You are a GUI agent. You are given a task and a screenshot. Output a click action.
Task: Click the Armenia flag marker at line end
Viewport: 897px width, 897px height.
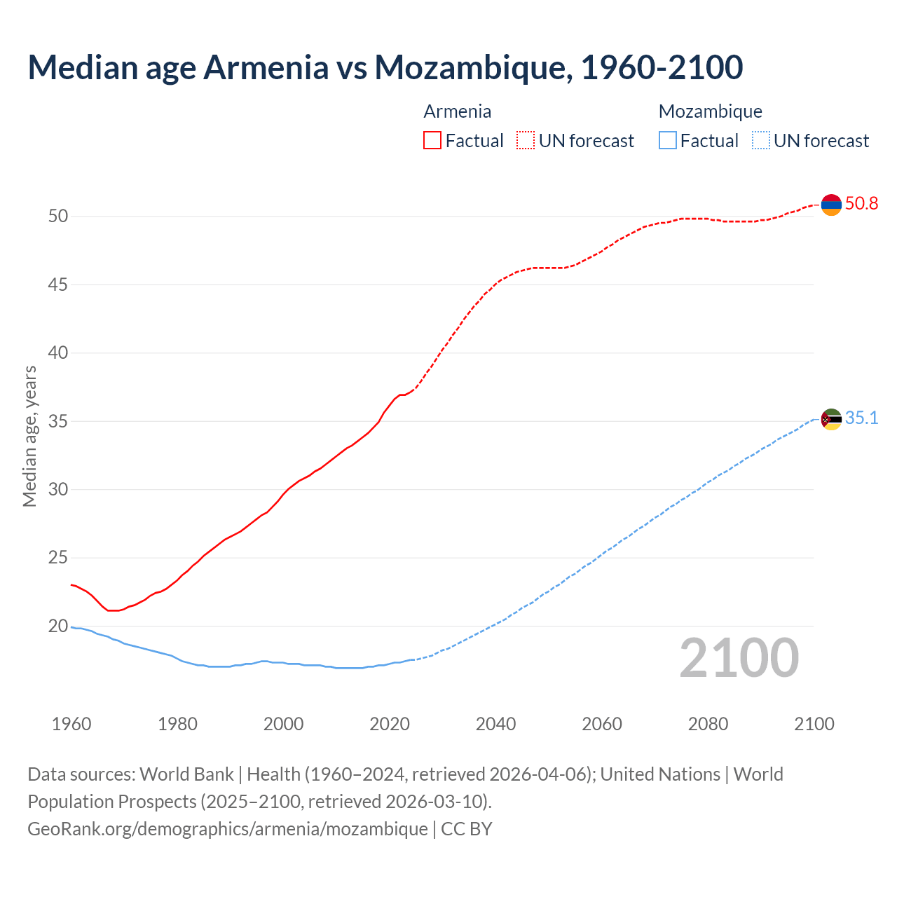831,205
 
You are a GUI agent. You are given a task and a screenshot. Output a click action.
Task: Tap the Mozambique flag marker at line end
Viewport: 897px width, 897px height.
831,419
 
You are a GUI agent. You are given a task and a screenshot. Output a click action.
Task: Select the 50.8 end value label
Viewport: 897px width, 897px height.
861,204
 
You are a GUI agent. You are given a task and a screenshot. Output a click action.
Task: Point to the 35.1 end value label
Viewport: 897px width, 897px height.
861,418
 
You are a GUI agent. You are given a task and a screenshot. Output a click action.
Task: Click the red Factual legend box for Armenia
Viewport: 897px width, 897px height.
432,141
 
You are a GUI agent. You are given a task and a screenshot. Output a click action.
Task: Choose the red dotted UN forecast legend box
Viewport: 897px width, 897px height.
526,141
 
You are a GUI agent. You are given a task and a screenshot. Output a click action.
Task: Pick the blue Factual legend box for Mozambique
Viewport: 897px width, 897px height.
668,141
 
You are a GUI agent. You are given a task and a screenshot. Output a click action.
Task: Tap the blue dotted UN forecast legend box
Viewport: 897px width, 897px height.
760,141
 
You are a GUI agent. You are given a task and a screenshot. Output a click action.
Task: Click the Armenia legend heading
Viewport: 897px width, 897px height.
458,111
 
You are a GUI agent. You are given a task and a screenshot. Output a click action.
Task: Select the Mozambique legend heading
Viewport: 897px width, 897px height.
711,111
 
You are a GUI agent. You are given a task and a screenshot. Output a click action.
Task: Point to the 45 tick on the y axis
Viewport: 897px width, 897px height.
58,285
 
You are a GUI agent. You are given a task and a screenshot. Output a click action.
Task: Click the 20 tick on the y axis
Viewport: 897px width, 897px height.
58,626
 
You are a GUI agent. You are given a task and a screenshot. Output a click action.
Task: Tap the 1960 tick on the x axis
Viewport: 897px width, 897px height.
71,724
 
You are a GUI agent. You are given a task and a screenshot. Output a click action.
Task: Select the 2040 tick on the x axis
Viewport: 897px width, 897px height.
495,724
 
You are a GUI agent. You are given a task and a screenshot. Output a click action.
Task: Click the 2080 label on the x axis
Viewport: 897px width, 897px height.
708,724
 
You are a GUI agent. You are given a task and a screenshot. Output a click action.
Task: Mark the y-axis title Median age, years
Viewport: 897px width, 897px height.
29,436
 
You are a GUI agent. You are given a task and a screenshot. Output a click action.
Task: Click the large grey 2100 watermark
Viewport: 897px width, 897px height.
739,657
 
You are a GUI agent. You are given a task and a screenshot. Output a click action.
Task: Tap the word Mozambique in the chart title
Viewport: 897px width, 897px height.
470,67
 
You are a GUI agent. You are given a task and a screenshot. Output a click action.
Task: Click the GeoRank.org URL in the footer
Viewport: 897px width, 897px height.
228,829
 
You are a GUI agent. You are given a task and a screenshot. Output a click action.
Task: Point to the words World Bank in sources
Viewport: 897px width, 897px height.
186,774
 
